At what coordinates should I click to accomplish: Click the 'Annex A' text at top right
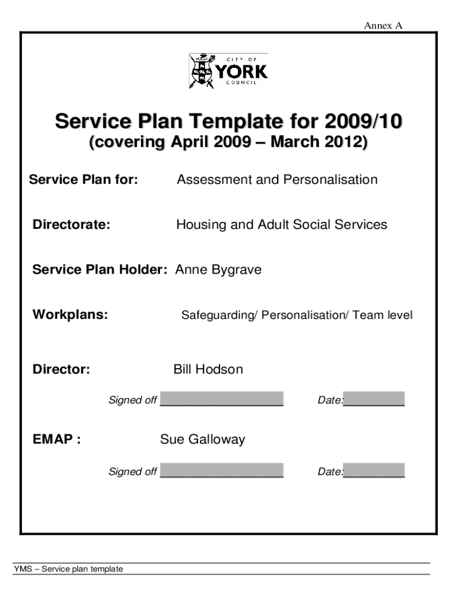pyautogui.click(x=384, y=26)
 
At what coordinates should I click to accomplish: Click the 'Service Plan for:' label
pyautogui.click(x=84, y=180)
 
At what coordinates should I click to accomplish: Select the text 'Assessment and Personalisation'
pyautogui.click(x=277, y=180)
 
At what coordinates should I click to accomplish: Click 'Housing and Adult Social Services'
pyautogui.click(x=281, y=225)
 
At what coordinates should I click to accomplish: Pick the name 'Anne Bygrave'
pyautogui.click(x=218, y=270)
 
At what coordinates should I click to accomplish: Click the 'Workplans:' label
pyautogui.click(x=70, y=315)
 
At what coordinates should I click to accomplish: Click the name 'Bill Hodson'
pyautogui.click(x=208, y=369)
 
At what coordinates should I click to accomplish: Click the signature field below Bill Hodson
pyautogui.click(x=222, y=398)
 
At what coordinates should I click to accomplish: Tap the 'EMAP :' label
pyautogui.click(x=57, y=440)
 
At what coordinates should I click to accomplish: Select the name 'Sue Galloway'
pyautogui.click(x=202, y=440)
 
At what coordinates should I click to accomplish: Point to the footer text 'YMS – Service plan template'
pyautogui.click(x=68, y=569)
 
